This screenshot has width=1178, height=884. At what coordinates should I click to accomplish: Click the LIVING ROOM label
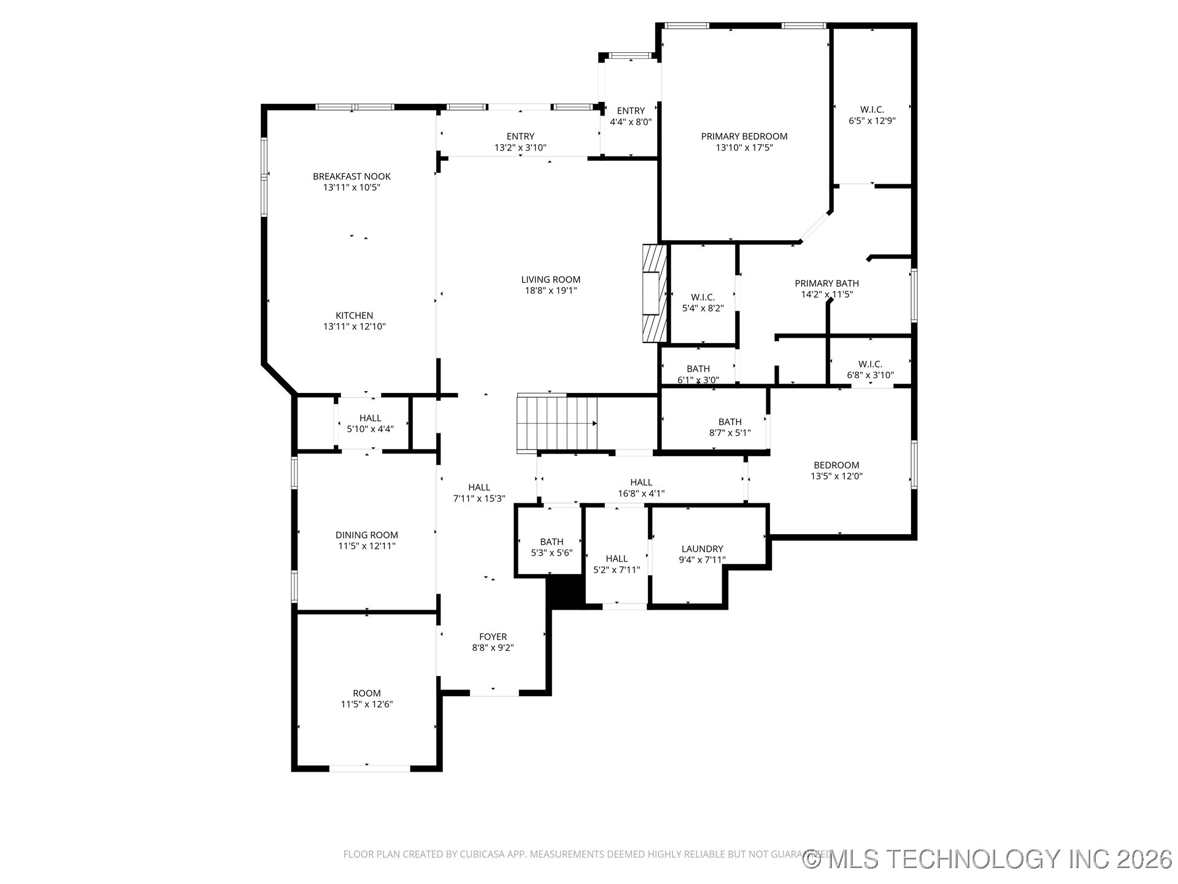click(x=551, y=280)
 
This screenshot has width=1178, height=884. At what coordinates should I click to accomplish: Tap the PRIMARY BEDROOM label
click(x=744, y=136)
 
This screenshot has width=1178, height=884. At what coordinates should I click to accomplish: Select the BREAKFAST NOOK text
click(x=352, y=177)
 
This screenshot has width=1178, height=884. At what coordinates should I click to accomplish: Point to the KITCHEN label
click(x=354, y=316)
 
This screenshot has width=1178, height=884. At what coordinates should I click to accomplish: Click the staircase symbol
click(x=557, y=424)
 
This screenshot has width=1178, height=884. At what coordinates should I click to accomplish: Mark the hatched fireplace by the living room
click(x=654, y=293)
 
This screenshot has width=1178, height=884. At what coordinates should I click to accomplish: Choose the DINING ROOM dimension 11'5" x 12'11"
click(x=367, y=546)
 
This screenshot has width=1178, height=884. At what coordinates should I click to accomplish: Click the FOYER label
click(x=493, y=637)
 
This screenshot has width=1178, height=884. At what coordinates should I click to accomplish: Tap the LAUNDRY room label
click(x=703, y=549)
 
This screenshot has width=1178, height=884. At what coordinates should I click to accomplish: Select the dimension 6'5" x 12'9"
click(x=872, y=121)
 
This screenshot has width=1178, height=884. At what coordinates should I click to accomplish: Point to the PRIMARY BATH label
click(x=826, y=284)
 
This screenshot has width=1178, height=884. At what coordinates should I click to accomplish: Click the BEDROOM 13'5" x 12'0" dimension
click(x=837, y=476)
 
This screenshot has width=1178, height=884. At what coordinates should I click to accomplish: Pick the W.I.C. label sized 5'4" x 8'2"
click(x=703, y=297)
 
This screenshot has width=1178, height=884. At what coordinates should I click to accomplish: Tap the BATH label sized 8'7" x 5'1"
click(x=730, y=422)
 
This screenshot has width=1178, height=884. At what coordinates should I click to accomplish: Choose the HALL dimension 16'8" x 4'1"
click(x=641, y=494)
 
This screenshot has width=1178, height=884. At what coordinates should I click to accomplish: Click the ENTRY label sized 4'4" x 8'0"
click(x=631, y=111)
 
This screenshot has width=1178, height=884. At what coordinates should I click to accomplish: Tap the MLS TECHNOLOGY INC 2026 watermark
click(x=988, y=859)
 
